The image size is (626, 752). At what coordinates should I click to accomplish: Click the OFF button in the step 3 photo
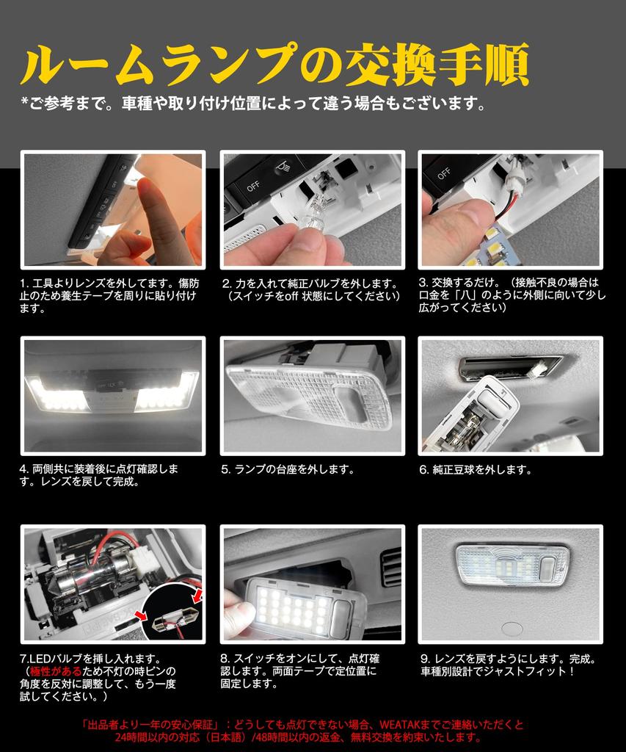(x=444, y=174)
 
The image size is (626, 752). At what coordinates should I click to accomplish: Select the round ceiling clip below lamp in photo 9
(x=512, y=629)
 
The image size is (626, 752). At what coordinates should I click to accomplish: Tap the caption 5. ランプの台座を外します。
(x=288, y=469)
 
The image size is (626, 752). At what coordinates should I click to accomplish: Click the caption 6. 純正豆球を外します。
(x=476, y=469)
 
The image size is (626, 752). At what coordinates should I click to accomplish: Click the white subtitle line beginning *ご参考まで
(x=253, y=103)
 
